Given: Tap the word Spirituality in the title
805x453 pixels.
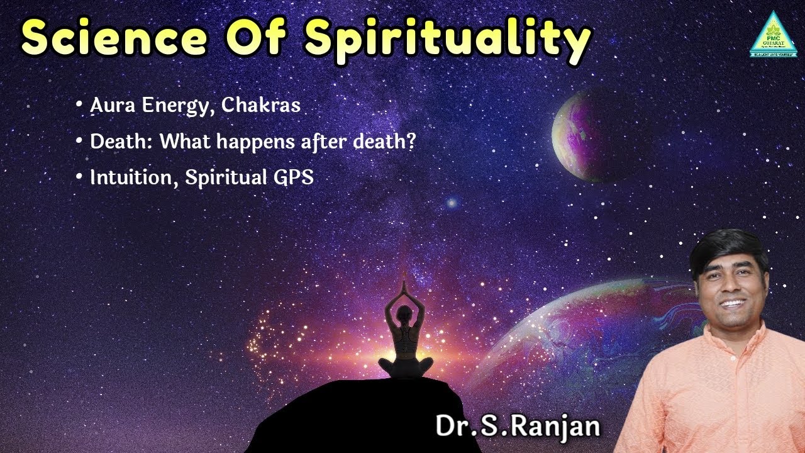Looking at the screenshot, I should (448, 39).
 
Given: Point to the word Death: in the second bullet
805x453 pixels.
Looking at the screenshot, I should (122, 142).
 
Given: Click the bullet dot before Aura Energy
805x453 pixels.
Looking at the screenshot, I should (79, 106).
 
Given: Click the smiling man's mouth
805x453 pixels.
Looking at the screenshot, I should (731, 303).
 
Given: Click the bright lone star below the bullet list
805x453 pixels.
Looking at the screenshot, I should (451, 203).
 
